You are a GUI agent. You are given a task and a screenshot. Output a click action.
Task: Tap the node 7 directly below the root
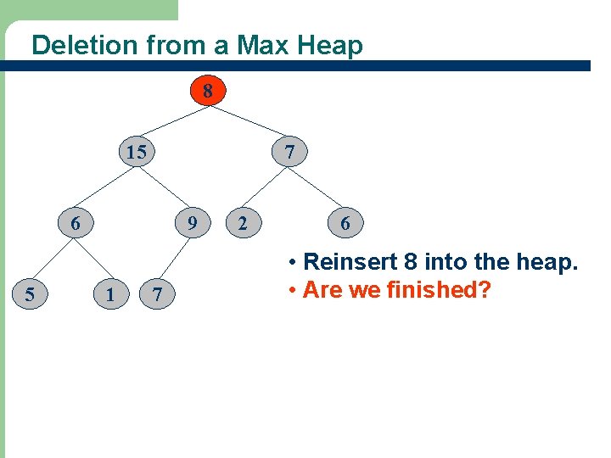(290, 153)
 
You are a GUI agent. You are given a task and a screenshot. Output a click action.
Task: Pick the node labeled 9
(193, 224)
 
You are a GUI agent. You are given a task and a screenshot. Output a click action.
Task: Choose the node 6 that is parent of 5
(76, 224)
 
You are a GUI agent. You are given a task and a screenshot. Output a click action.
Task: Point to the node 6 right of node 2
(345, 224)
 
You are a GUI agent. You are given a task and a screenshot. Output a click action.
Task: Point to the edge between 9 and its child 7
(175, 260)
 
